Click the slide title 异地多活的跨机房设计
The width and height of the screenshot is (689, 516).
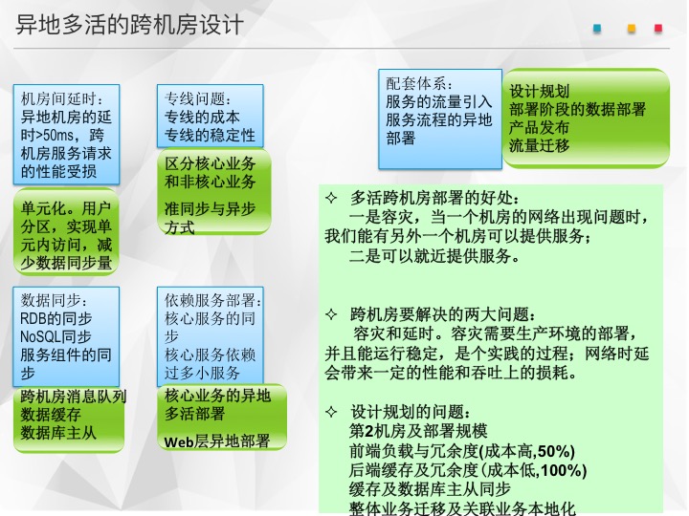pos(129,25)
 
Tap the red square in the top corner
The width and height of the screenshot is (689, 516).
pos(657,29)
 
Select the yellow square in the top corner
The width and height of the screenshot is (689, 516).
pos(632,29)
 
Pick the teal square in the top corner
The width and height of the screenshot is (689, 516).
pos(597,29)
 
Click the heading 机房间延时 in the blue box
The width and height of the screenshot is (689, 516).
pos(59,98)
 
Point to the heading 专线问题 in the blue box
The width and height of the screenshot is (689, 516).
pos(194,98)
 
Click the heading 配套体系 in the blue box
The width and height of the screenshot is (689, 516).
pos(415,83)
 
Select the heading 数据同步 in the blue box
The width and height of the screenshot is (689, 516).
pos(51,301)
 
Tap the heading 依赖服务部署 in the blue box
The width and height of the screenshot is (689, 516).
pos(210,301)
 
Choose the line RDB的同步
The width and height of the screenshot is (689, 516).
pos(56,318)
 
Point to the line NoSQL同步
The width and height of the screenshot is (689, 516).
pos(56,336)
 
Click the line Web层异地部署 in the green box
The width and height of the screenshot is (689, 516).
pos(216,441)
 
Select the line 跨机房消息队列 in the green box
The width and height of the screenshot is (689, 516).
pos(74,397)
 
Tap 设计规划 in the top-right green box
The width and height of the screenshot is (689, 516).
pos(539,92)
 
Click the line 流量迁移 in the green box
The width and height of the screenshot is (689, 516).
pos(539,145)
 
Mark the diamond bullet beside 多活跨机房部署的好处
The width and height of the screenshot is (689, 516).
pos(331,199)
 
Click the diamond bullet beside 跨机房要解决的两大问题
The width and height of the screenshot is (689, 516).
pos(331,314)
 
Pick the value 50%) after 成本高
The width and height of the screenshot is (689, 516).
pos(556,451)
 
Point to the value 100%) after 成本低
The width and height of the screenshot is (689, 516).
pos(565,470)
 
